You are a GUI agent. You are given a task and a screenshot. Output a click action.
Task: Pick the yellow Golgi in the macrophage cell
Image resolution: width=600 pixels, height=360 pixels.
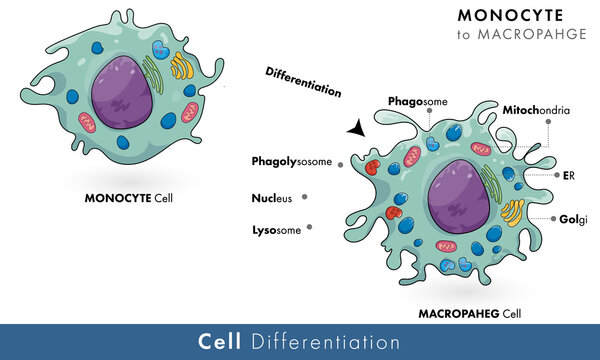511,213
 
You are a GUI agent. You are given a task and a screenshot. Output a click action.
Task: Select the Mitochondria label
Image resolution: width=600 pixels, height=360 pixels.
536,110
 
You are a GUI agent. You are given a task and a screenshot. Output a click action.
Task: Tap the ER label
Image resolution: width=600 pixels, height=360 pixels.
568,175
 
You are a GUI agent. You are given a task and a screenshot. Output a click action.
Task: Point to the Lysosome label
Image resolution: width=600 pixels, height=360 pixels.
277,230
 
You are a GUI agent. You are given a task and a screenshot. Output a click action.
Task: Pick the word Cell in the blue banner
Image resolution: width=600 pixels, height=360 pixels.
221,342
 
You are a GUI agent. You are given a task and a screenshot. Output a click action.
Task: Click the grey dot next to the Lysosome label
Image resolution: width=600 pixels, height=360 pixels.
310,228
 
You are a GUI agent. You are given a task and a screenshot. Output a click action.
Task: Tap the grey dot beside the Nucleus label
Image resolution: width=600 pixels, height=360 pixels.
304,196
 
